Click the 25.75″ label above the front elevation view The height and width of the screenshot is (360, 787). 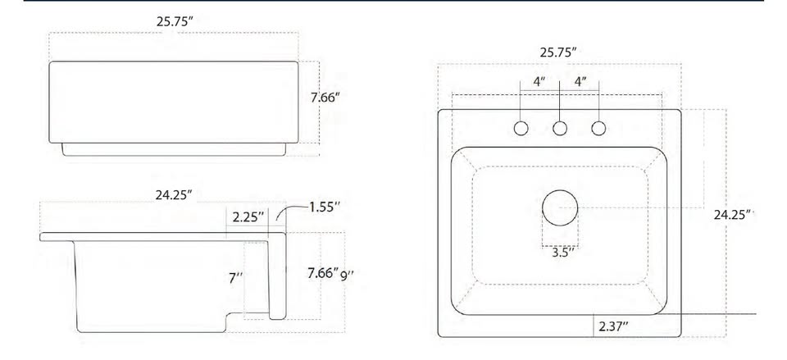click(x=175, y=21)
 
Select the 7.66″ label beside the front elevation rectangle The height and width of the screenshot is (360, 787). click(x=325, y=98)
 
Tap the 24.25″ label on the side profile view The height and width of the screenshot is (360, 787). click(x=174, y=195)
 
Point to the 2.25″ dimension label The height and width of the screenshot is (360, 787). click(x=248, y=217)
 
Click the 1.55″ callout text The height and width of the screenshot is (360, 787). click(x=325, y=207)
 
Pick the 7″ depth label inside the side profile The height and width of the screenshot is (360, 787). click(x=236, y=278)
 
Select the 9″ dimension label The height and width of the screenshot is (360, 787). click(x=348, y=276)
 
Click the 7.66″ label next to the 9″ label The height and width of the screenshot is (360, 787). click(x=323, y=273)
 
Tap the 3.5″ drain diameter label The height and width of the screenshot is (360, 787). click(x=563, y=252)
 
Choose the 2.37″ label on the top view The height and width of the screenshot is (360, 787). click(x=613, y=327)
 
